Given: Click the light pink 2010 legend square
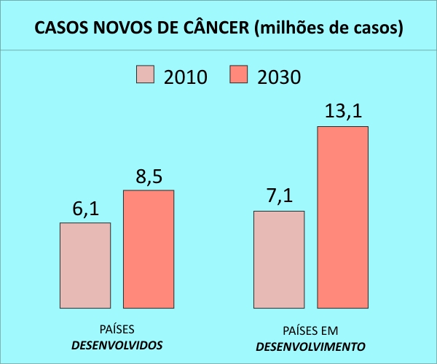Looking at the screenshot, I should [x=146, y=74].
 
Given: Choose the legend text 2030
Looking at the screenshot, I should [x=279, y=76].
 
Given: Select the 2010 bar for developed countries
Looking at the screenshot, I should [x=85, y=265].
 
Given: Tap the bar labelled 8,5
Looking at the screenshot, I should [x=149, y=249].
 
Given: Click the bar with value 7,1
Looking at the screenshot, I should [x=279, y=259].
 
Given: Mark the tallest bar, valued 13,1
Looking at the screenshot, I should [x=342, y=217].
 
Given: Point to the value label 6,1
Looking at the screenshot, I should [x=85, y=209].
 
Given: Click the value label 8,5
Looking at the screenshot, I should [x=149, y=177].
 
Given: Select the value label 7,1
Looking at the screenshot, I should [x=279, y=198].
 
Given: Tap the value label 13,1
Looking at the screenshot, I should [x=342, y=112].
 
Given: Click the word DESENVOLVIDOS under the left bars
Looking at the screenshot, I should [x=117, y=344].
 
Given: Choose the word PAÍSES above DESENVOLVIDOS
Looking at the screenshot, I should [x=117, y=329].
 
